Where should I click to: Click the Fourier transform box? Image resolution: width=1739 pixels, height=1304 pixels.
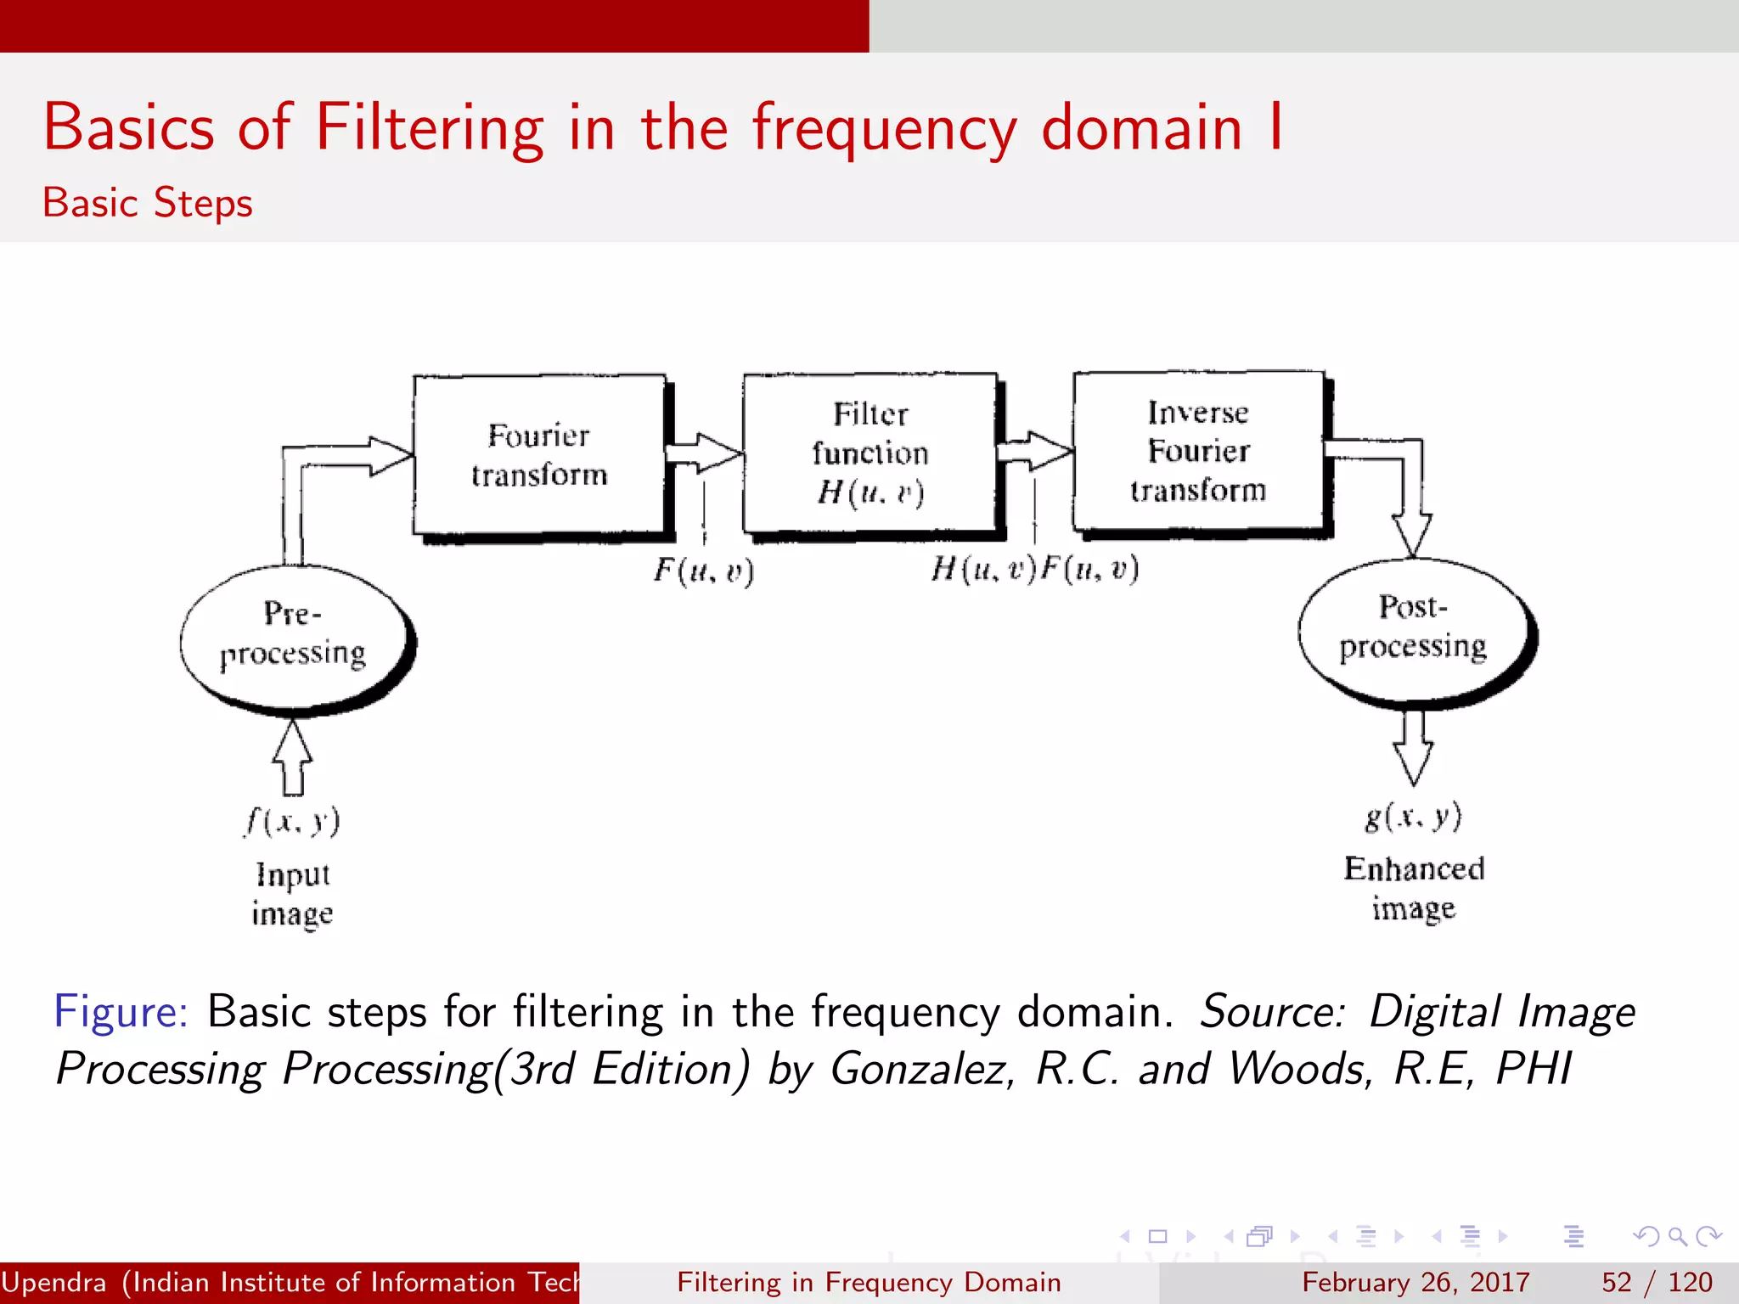tap(539, 455)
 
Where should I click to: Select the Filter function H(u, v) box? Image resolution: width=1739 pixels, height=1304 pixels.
tap(869, 453)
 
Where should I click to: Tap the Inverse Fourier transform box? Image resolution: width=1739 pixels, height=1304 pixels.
tap(1198, 452)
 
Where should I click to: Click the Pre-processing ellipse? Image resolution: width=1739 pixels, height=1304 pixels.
tap(294, 635)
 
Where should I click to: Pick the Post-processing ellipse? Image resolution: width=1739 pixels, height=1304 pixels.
tap(1413, 628)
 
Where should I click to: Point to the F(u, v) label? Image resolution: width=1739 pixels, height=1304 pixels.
tap(703, 570)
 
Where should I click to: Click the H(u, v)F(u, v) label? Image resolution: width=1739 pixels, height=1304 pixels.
tap(1034, 568)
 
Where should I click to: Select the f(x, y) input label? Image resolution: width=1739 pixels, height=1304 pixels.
tap(293, 821)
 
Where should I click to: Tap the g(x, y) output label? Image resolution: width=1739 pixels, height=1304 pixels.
tap(1413, 816)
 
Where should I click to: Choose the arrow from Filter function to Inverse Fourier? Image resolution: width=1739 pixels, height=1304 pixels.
tap(1034, 451)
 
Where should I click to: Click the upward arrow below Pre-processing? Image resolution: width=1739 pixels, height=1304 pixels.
tap(293, 757)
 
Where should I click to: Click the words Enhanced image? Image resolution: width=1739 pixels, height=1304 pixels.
tap(1414, 888)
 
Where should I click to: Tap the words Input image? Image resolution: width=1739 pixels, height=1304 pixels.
tap(292, 894)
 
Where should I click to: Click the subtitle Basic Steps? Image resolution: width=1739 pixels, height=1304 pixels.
tap(148, 203)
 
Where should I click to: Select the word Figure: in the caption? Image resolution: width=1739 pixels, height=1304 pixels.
tap(121, 1012)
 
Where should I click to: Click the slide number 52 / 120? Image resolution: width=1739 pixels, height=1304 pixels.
tap(1657, 1282)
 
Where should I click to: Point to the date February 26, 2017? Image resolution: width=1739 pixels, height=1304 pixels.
tap(1415, 1282)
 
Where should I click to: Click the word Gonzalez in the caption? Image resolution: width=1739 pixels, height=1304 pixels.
tap(921, 1069)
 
